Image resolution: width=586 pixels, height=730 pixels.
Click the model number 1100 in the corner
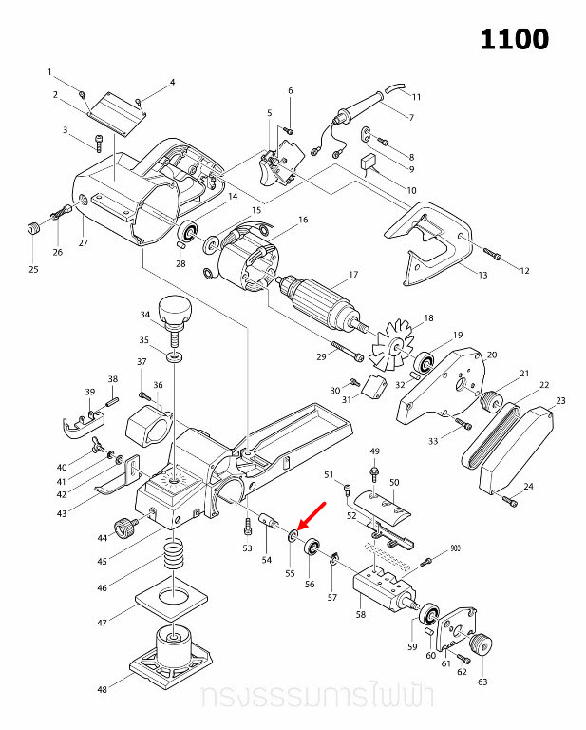pyautogui.click(x=514, y=39)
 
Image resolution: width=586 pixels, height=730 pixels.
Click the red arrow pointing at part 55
pyautogui.click(x=312, y=514)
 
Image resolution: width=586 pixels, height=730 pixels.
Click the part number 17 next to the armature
pyautogui.click(x=352, y=276)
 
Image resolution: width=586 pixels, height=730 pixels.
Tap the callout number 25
pyautogui.click(x=33, y=270)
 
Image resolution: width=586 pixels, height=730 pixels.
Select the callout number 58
pyautogui.click(x=360, y=615)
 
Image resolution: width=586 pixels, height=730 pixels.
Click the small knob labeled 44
pyautogui.click(x=123, y=526)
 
